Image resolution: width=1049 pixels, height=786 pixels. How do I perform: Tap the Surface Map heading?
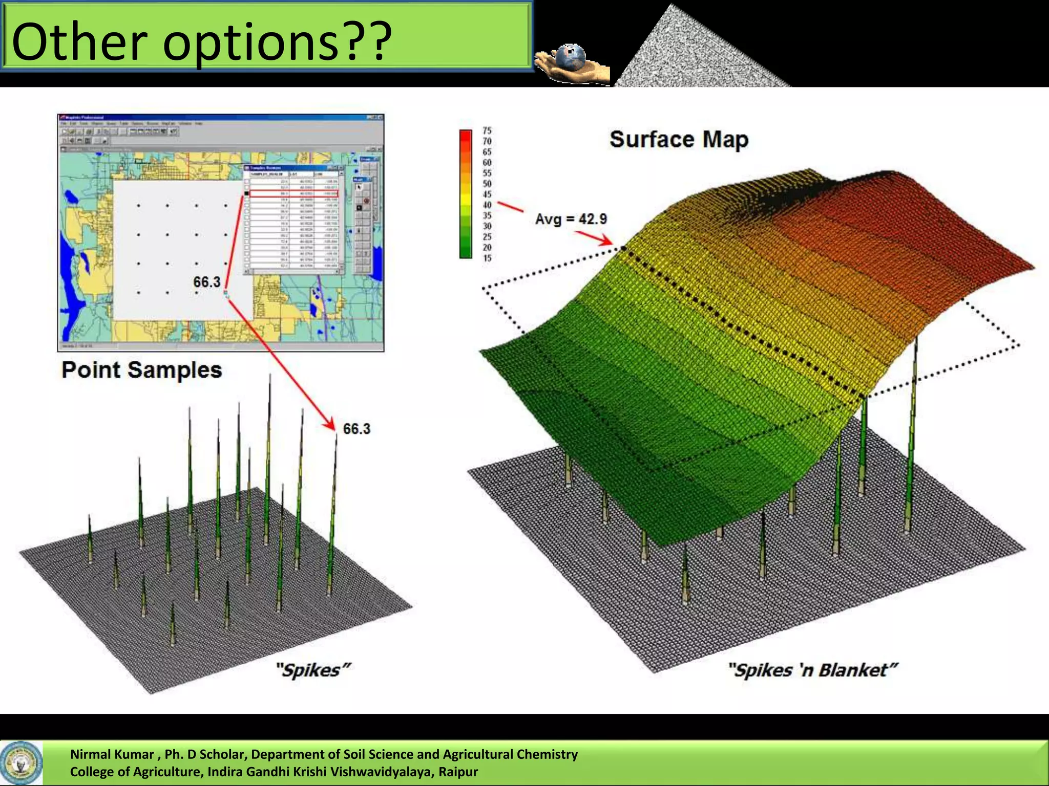[x=679, y=139]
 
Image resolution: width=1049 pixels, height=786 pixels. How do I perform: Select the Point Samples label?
[x=142, y=370]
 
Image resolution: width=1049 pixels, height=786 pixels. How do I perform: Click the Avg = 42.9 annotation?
[x=571, y=220]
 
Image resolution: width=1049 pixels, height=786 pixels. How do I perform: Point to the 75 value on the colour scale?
[x=487, y=130]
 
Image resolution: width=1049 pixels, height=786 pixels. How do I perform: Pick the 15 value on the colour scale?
[x=487, y=258]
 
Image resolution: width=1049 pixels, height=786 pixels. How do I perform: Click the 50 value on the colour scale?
[x=487, y=184]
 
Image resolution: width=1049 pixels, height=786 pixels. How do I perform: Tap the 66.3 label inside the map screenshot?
[x=206, y=282]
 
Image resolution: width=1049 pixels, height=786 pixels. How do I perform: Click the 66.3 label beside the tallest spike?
[x=356, y=429]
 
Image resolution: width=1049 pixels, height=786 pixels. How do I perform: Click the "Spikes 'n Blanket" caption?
[x=813, y=670]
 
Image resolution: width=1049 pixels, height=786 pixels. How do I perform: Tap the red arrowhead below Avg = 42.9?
[x=607, y=241]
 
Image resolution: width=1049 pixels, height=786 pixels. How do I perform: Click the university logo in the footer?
[x=21, y=762]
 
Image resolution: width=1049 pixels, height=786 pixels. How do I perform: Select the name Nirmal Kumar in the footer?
[x=112, y=754]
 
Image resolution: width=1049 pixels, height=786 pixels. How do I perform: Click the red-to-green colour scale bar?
[x=466, y=194]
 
